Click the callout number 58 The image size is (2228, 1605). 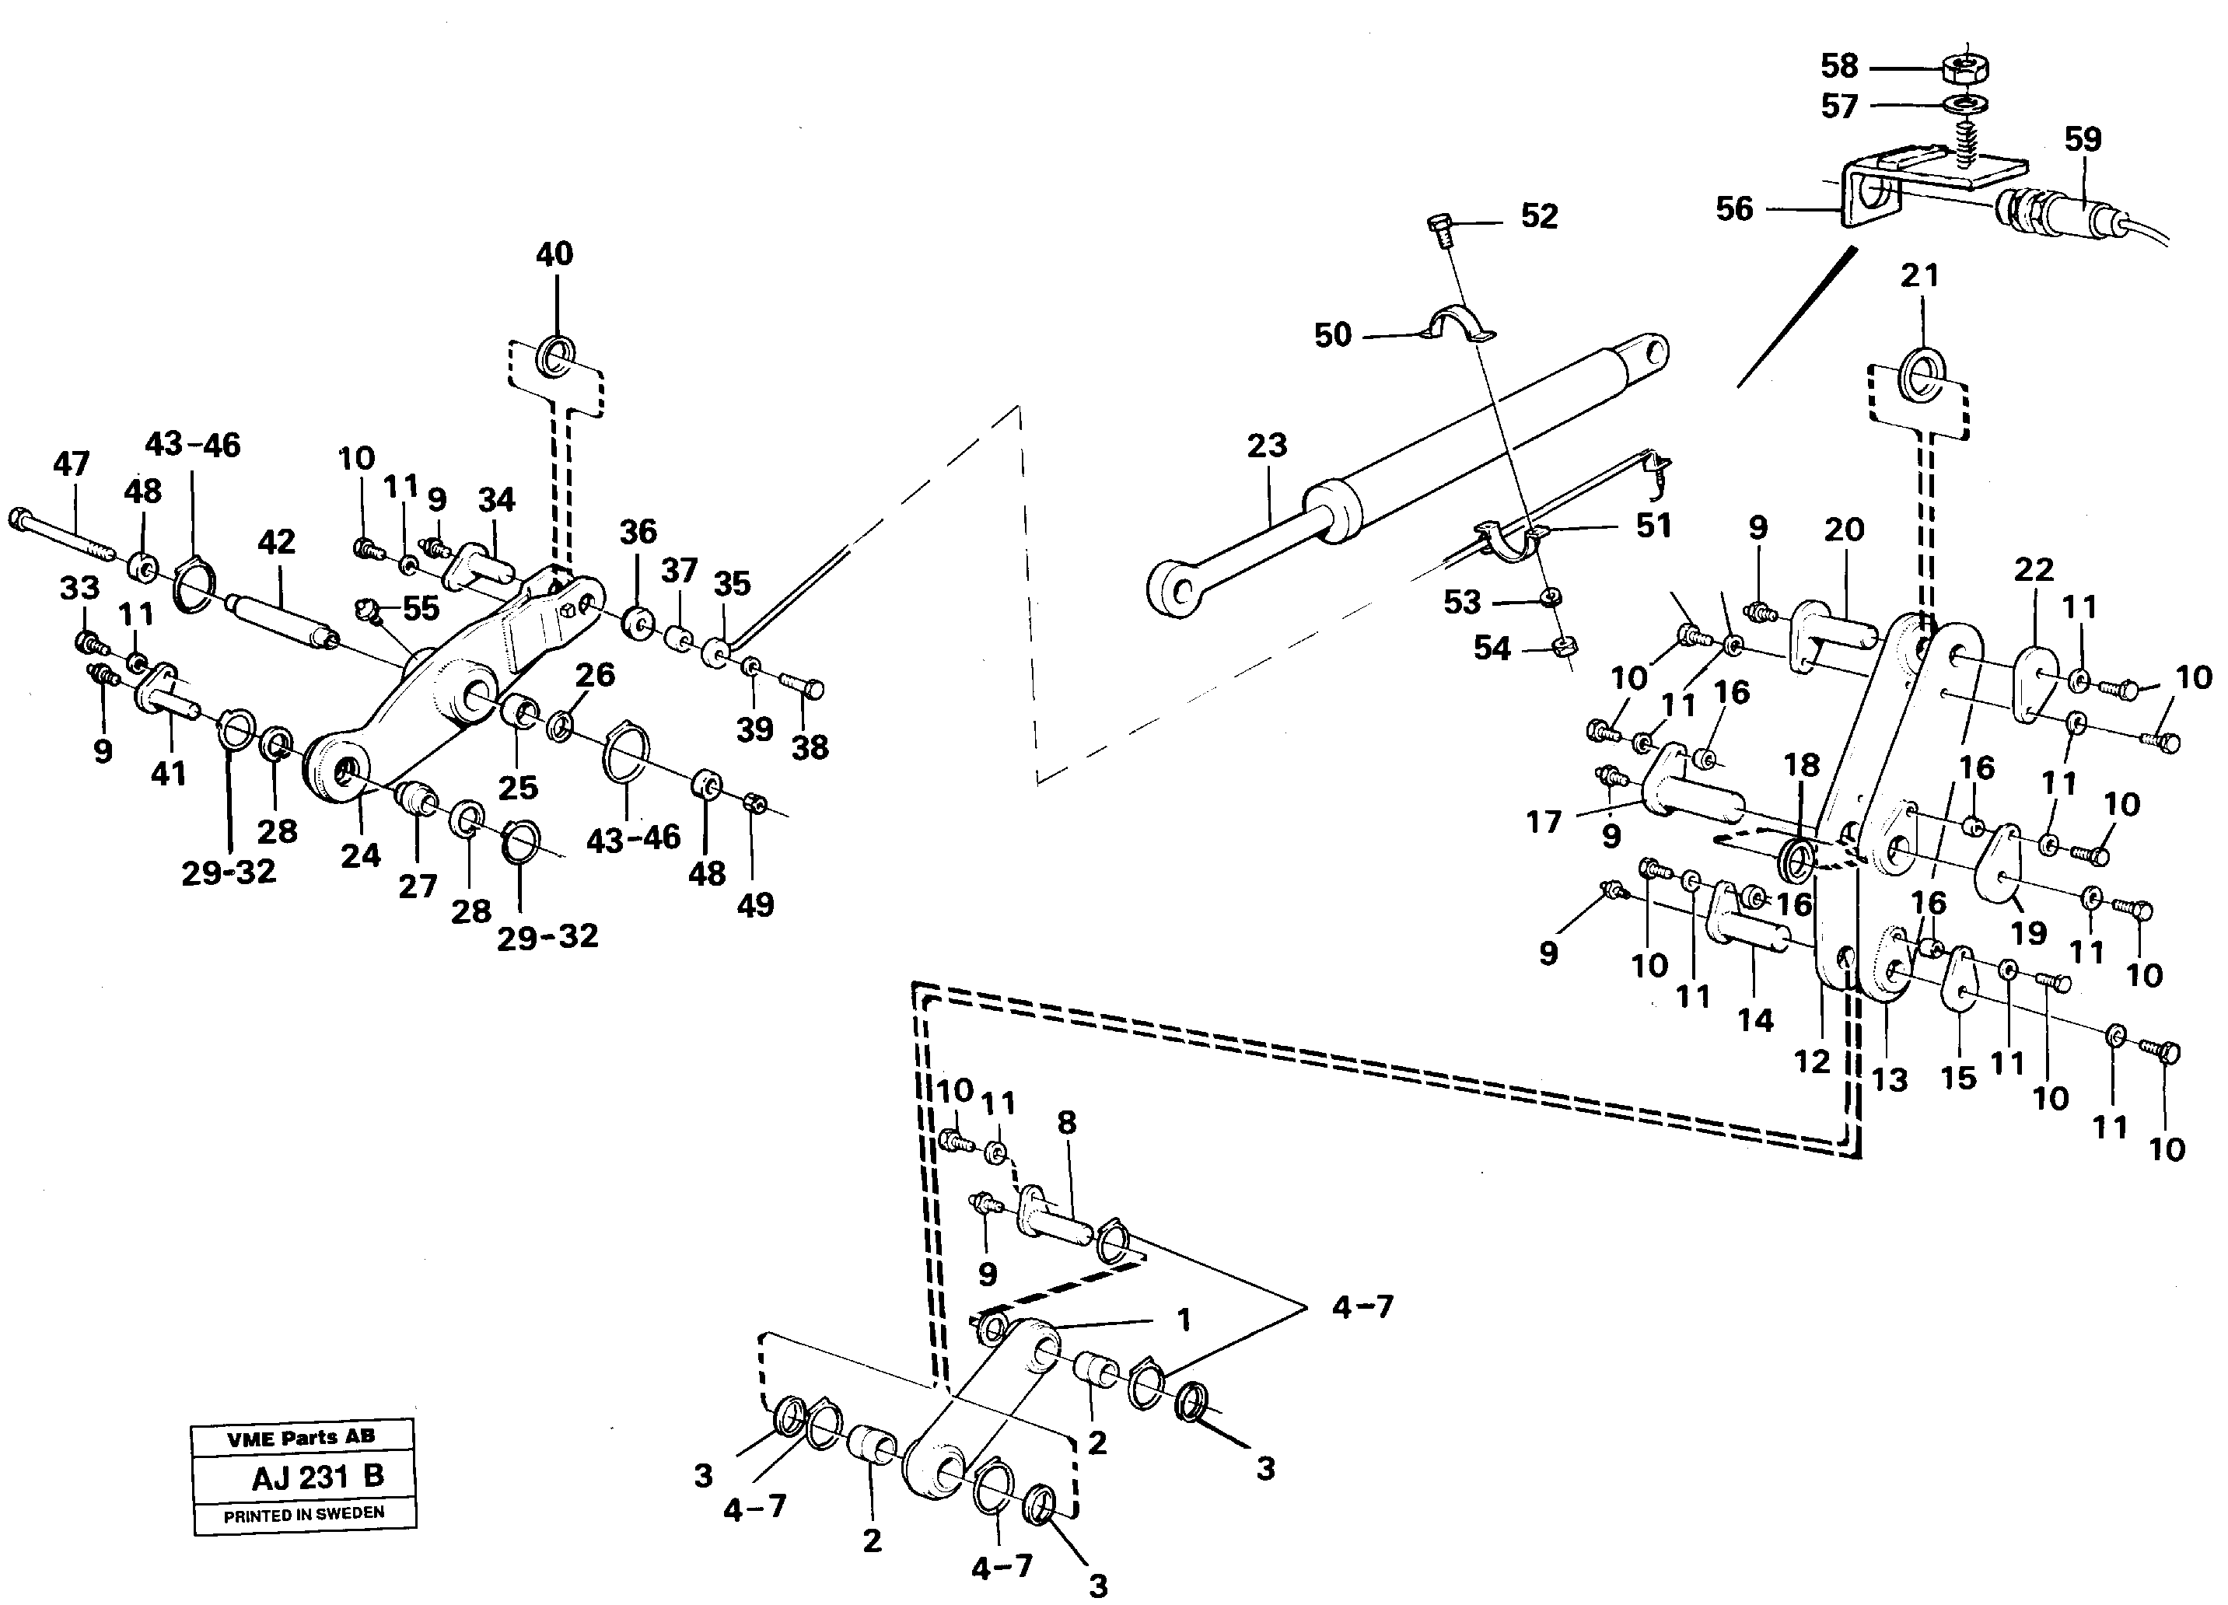pyautogui.click(x=1839, y=67)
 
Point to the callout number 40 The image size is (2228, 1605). pyautogui.click(x=554, y=254)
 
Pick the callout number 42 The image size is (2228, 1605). pyautogui.click(x=276, y=542)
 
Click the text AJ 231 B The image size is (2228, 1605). pyautogui.click(x=317, y=1477)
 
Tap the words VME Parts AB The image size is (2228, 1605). pyautogui.click(x=301, y=1438)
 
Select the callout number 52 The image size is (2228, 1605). pyautogui.click(x=1539, y=217)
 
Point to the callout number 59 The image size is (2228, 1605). pyautogui.click(x=2083, y=139)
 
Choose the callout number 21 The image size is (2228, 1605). pyautogui.click(x=1919, y=276)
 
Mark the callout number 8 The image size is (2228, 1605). pyautogui.click(x=1067, y=1123)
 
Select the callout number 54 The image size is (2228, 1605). pyautogui.click(x=1492, y=649)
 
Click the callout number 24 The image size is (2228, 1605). pyautogui.click(x=361, y=856)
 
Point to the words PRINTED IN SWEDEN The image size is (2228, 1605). pyautogui.click(x=303, y=1514)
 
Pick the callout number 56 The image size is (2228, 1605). pyautogui.click(x=1734, y=209)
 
